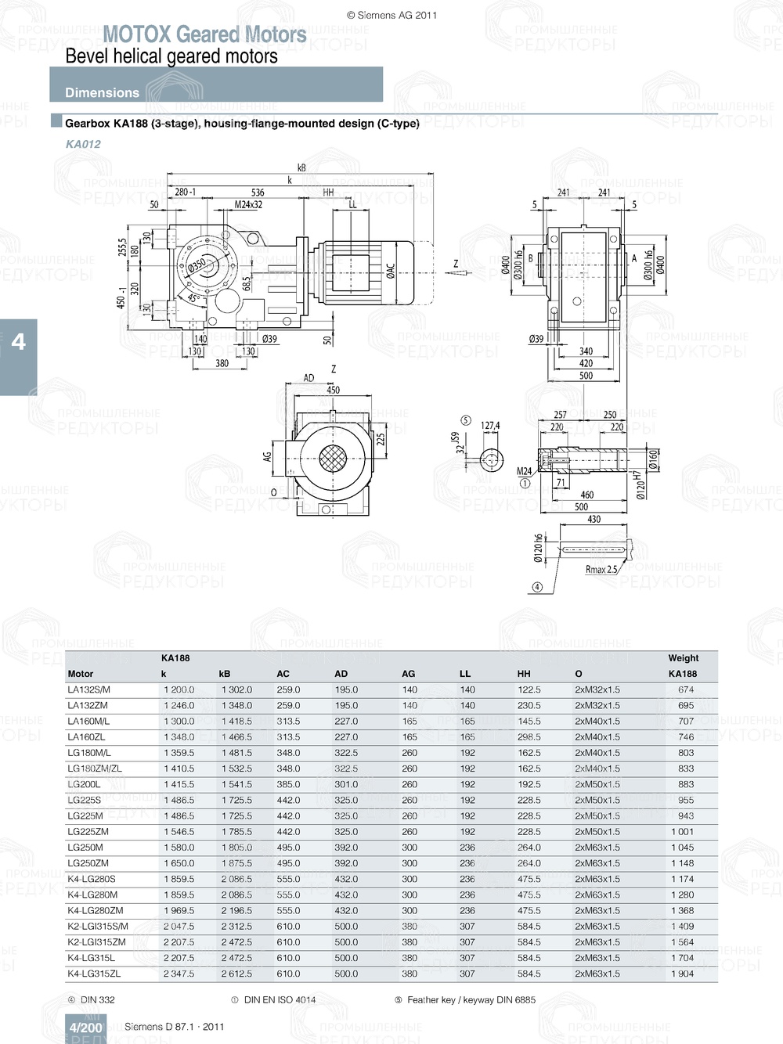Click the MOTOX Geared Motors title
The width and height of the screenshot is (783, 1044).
pos(204,34)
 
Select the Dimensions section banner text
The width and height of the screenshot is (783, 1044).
pos(102,92)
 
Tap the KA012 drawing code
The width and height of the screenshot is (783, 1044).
pos(83,144)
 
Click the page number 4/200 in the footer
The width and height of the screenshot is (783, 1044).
pos(85,1028)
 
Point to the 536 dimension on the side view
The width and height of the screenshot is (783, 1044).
pos(258,193)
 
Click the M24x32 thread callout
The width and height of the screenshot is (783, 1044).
pos(248,205)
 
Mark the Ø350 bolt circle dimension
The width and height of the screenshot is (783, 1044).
pos(197,265)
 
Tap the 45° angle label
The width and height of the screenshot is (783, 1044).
pos(192,299)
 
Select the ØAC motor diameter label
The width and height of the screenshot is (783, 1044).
pos(390,270)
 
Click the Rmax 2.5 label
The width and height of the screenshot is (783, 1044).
pos(601,570)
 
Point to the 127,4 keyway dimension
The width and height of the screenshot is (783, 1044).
pos(490,426)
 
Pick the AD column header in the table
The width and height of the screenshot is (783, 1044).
pos(341,674)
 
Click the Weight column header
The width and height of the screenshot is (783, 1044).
pos(683,658)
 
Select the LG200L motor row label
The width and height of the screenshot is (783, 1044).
pos(84,784)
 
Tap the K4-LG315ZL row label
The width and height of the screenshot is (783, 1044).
pos(94,974)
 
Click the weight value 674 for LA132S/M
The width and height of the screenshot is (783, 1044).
pos(686,689)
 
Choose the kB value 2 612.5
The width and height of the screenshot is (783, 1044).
pos(236,974)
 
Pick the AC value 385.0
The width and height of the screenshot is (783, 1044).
pos(288,784)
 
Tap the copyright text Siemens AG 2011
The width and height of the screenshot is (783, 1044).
pos(391,15)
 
